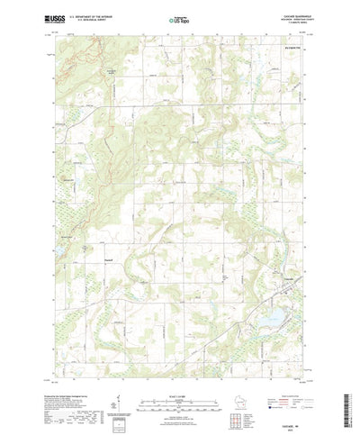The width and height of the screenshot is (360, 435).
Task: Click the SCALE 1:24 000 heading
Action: [x=179, y=384]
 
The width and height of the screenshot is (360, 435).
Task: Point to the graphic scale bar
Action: [x=179, y=392]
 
